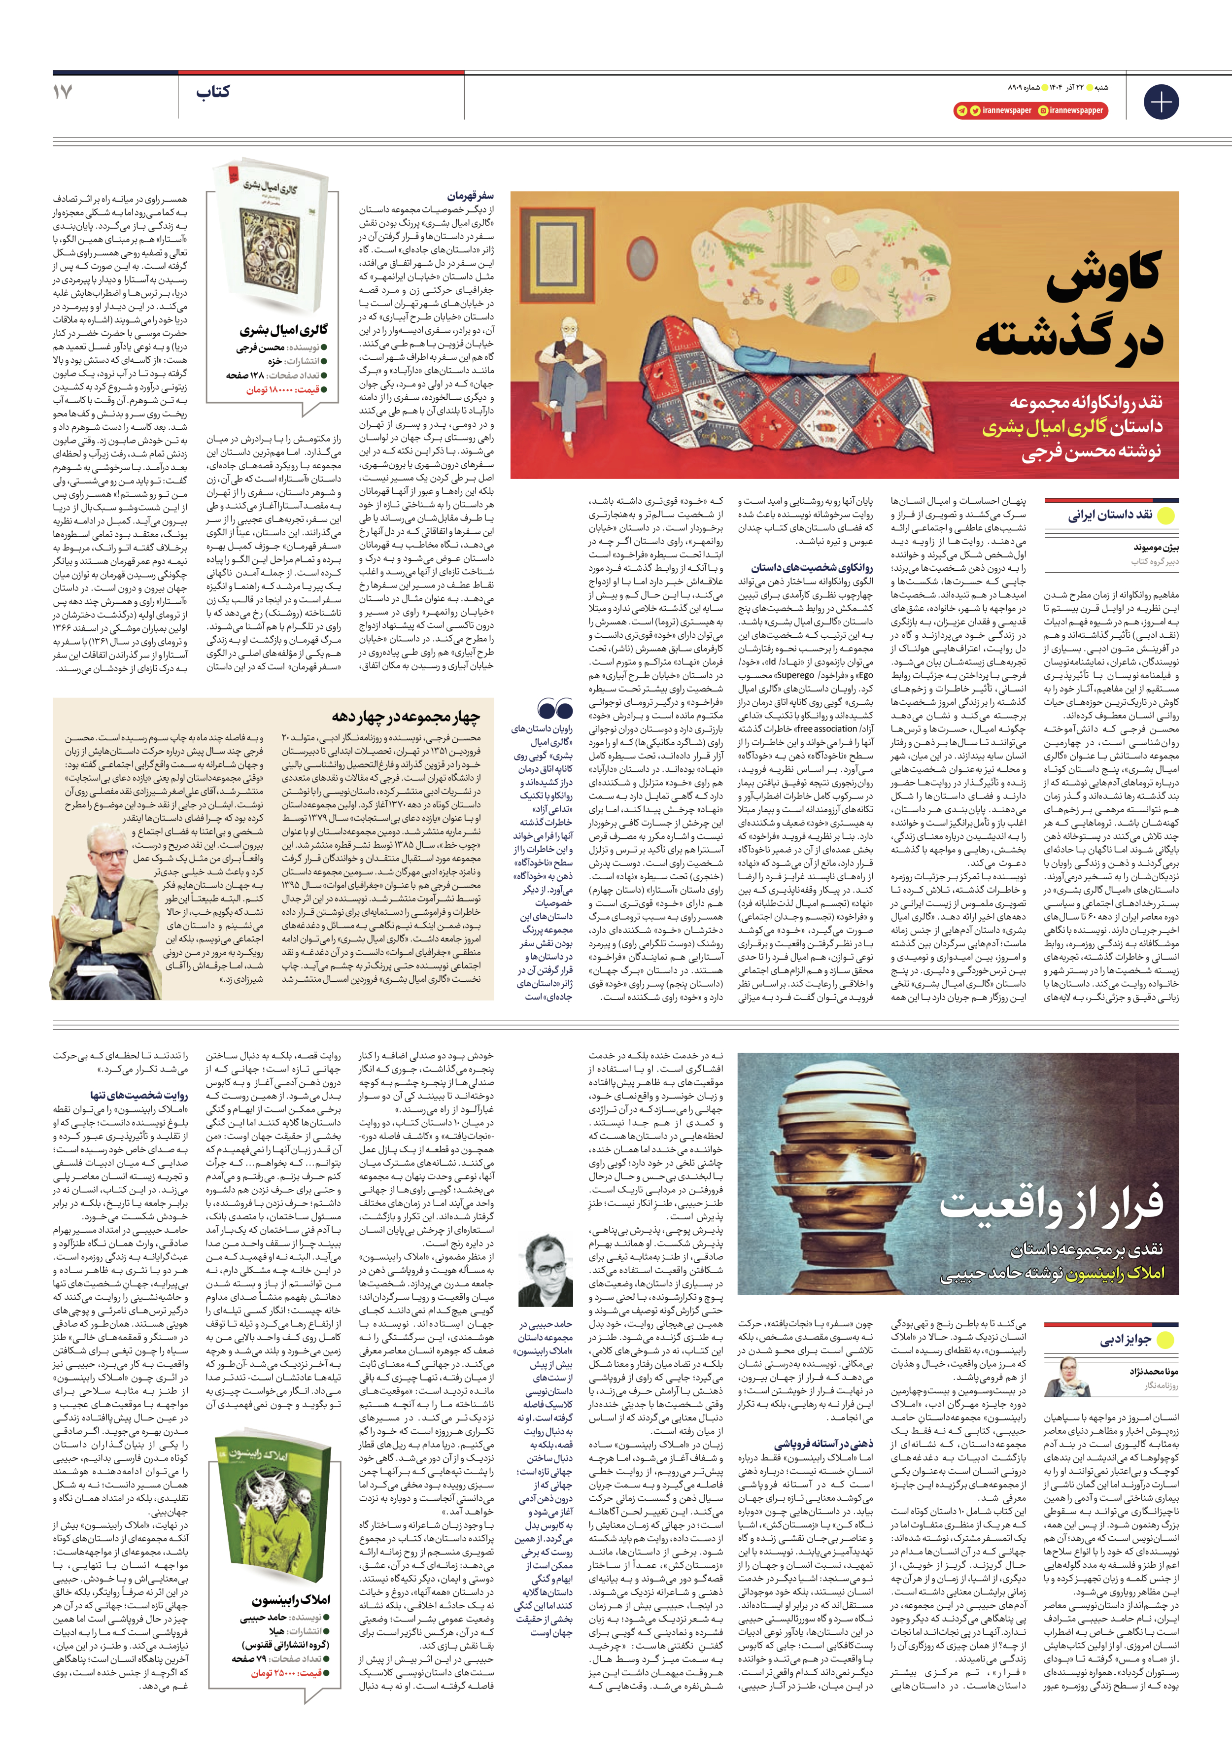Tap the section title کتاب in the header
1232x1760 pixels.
pos(213,93)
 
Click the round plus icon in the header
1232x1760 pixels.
pos(1160,101)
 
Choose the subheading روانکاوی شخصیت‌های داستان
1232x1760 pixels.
pos(812,568)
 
